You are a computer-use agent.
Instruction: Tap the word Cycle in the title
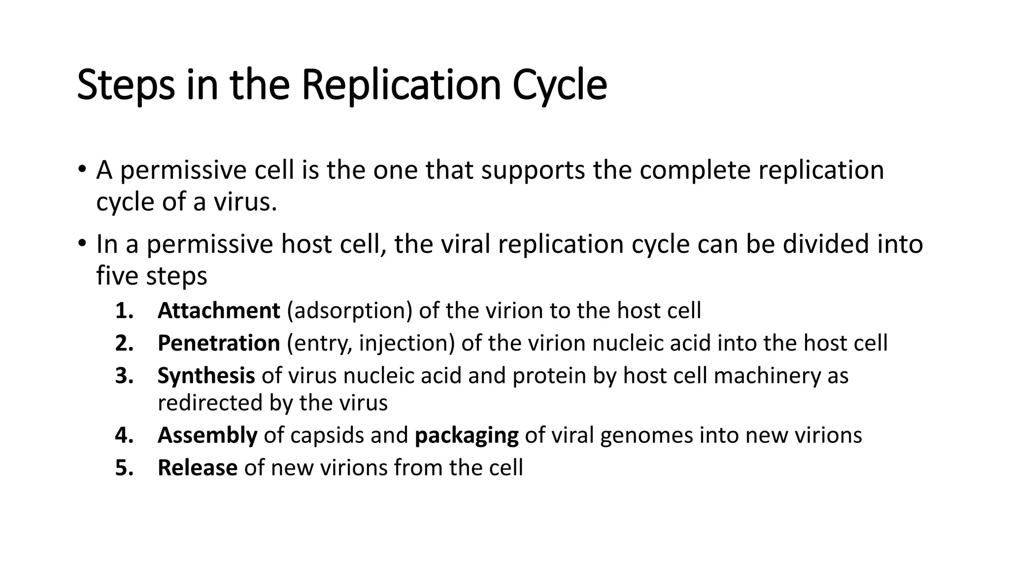point(559,86)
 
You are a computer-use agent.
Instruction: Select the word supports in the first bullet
point(533,171)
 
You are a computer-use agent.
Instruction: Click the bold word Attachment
point(219,311)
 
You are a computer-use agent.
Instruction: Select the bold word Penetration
point(219,344)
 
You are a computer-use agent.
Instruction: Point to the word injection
point(406,344)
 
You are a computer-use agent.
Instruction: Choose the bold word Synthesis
point(206,376)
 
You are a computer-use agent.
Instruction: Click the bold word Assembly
point(207,436)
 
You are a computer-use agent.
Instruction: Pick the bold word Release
point(197,468)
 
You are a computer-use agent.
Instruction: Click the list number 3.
point(124,376)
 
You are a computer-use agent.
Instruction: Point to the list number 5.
point(124,468)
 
